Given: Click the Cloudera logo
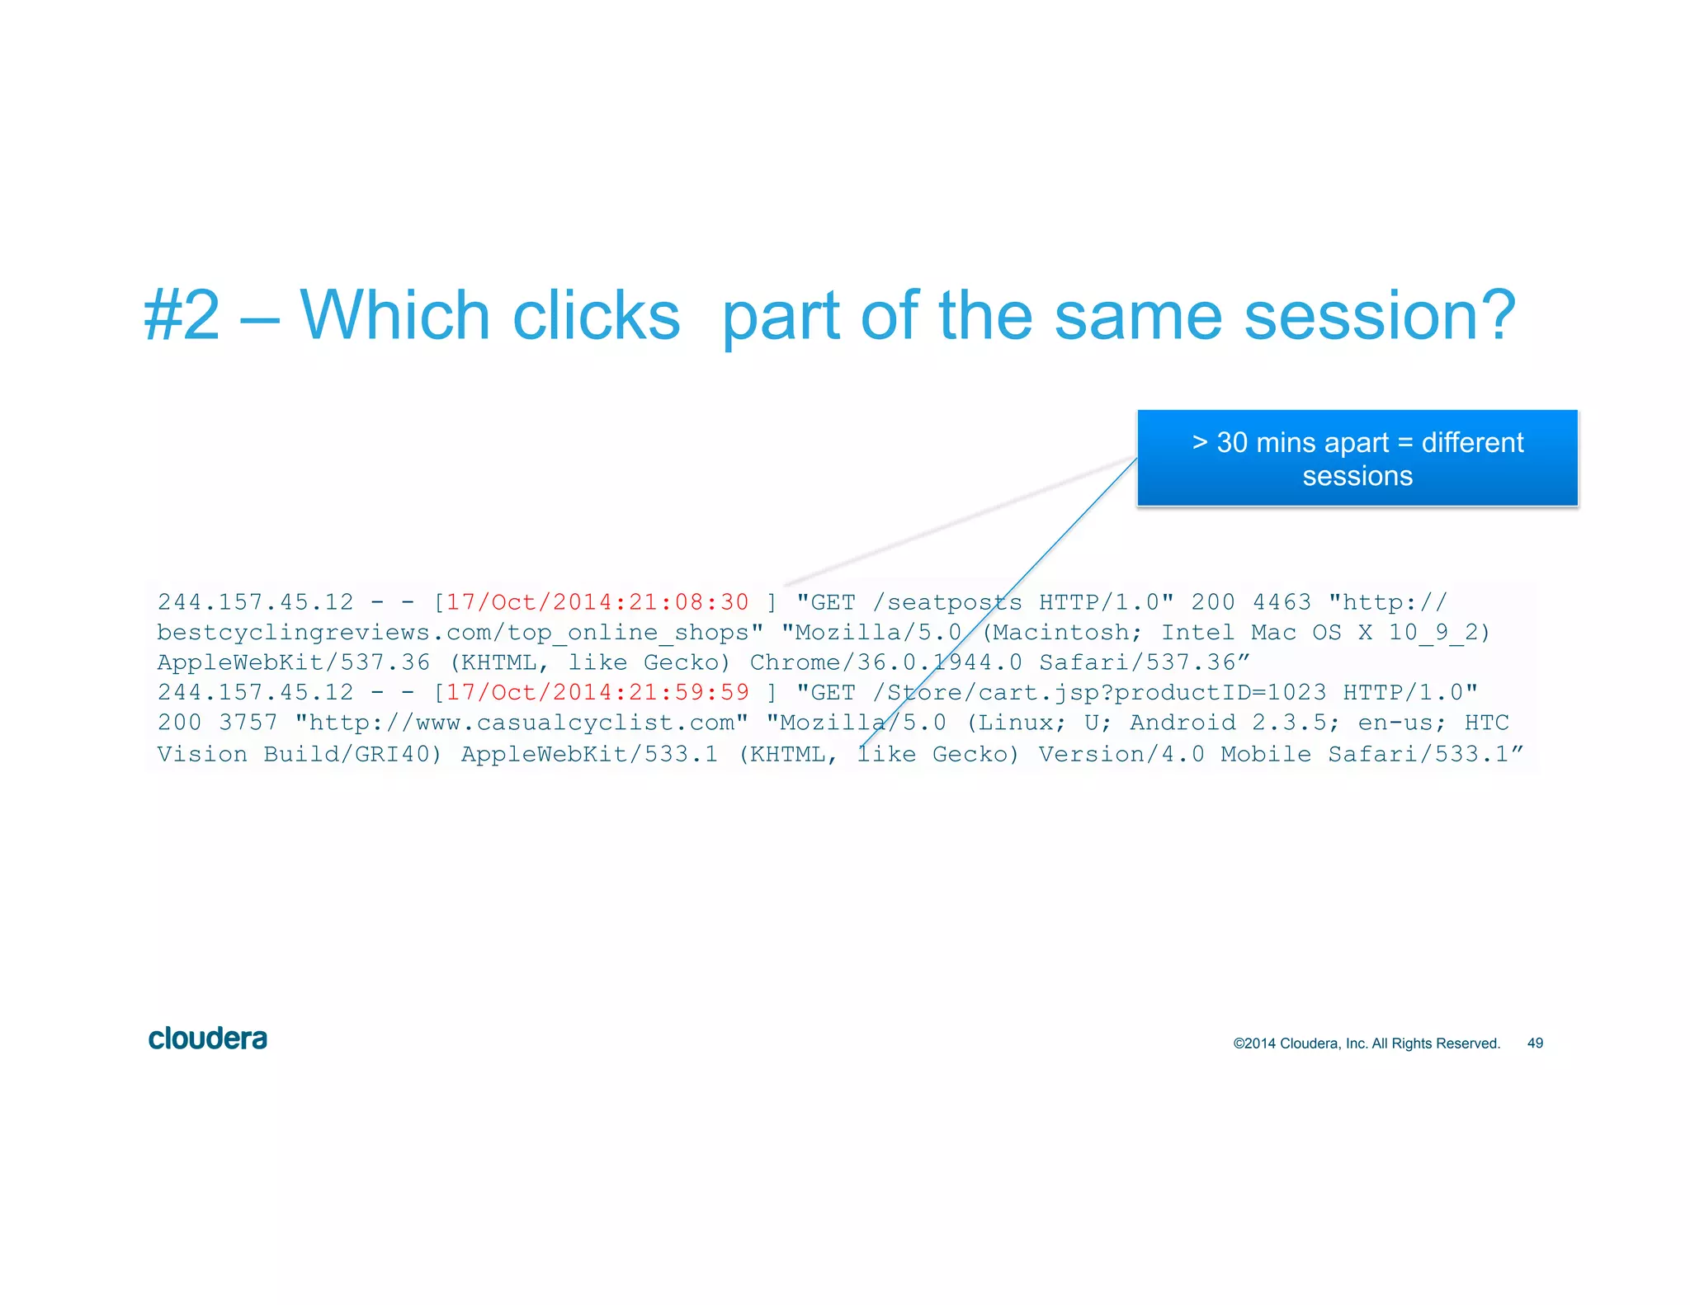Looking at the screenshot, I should click(207, 1039).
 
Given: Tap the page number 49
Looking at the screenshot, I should click(1535, 1044).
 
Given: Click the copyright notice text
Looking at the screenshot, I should click(1366, 1044).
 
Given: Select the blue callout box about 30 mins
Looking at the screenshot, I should click(1357, 459).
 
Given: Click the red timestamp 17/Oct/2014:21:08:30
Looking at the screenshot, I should click(597, 602).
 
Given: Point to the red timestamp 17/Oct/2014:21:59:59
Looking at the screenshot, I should click(597, 692).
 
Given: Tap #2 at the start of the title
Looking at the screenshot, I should click(182, 316).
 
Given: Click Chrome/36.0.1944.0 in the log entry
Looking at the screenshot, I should click(885, 662).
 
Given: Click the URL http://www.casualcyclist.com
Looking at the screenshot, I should click(522, 723).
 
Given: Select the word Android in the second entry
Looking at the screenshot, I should click(1183, 723).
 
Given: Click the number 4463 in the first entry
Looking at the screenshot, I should click(1282, 602).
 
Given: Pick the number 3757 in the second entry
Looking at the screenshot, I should click(248, 723).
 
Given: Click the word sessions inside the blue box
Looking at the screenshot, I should click(1357, 476).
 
